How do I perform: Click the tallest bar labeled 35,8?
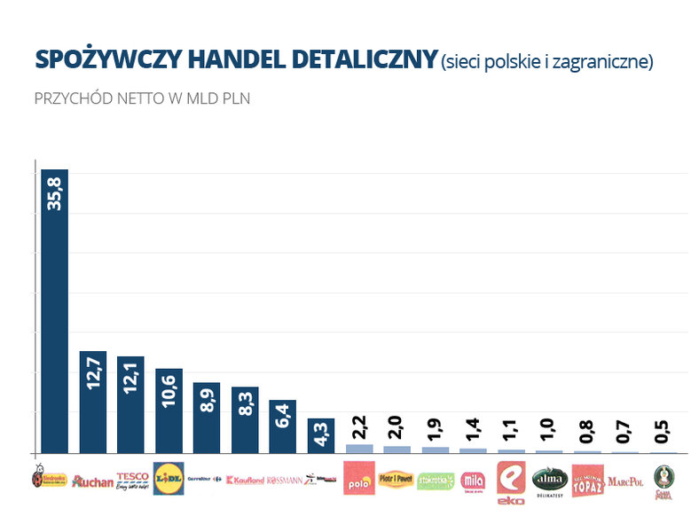tap(54, 310)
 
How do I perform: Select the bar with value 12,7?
tap(92, 401)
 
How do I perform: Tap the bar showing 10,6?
tap(169, 410)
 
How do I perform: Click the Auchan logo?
tap(93, 481)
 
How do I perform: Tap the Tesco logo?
tap(132, 480)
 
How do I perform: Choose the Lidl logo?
tap(169, 478)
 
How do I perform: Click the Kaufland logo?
tap(245, 481)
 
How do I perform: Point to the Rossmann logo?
tap(284, 480)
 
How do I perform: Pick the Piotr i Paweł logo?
tap(397, 479)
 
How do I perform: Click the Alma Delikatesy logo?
tap(548, 480)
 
